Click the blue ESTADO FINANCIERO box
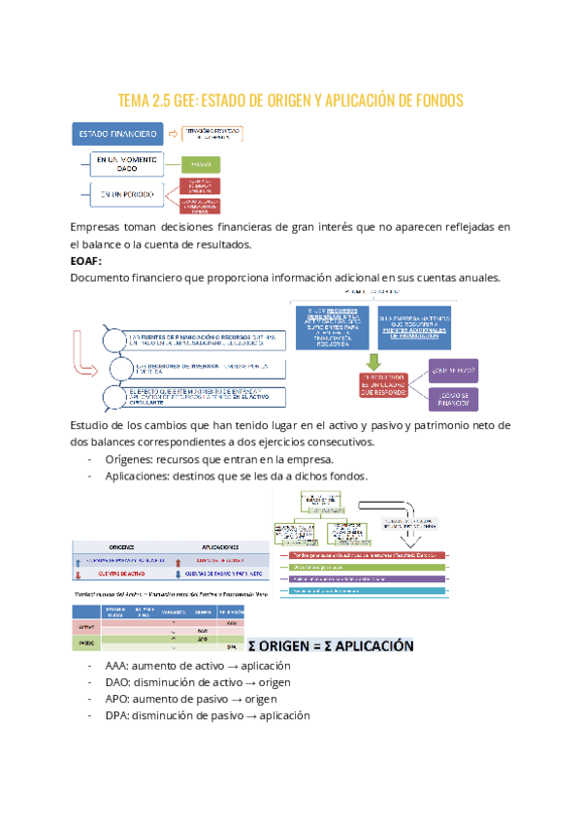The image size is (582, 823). click(113, 133)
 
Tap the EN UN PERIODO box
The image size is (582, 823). click(127, 194)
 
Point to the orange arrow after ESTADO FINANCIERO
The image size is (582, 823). click(170, 133)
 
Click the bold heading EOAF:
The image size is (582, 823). click(86, 261)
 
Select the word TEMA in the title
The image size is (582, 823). click(134, 100)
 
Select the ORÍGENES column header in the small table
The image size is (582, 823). click(121, 546)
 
